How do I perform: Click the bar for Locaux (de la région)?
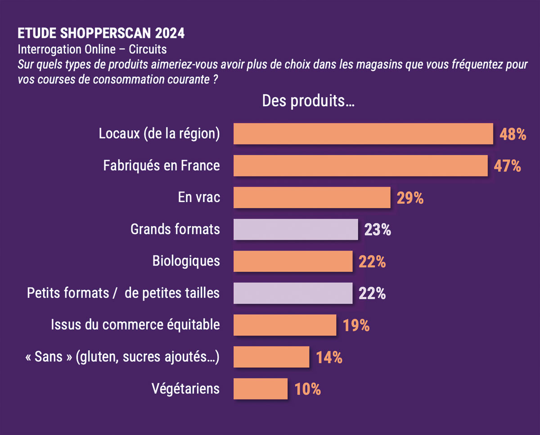pos(363,134)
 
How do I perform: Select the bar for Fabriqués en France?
pos(360,166)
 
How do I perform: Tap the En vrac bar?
pos(312,197)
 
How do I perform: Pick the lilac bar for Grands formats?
pos(296,229)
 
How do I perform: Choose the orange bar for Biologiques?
pos(293,261)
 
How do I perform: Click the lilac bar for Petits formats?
pos(293,293)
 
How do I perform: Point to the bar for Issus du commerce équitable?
pos(285,325)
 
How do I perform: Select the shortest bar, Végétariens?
pos(261,389)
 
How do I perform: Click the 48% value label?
pos(513,134)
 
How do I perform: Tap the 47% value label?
pos(508,166)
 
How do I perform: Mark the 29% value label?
pos(410,198)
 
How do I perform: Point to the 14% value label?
pos(329,358)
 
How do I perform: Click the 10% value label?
pos(307,389)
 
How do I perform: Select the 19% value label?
pos(356,326)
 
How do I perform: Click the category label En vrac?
pos(199,197)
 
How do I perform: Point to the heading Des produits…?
pos(308,101)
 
